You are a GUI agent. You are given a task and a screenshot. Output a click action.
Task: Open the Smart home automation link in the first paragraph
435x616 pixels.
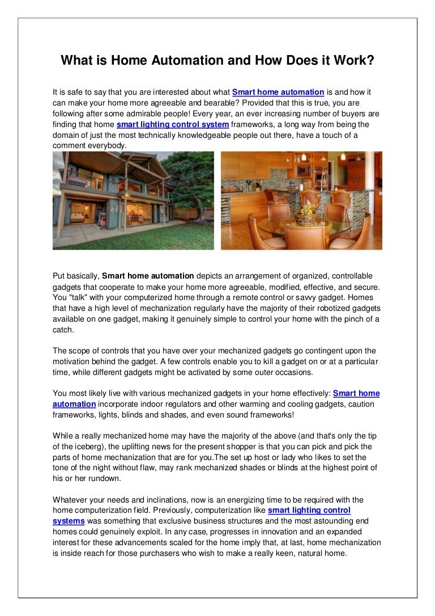coord(278,92)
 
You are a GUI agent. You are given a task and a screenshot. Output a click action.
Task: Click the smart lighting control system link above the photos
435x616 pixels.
coord(173,124)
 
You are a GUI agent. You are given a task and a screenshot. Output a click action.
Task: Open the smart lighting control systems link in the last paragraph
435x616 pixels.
coord(201,516)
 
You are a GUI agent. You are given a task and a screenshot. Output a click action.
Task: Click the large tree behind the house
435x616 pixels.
coord(190,179)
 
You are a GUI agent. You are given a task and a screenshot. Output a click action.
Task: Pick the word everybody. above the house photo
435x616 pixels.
coord(108,146)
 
